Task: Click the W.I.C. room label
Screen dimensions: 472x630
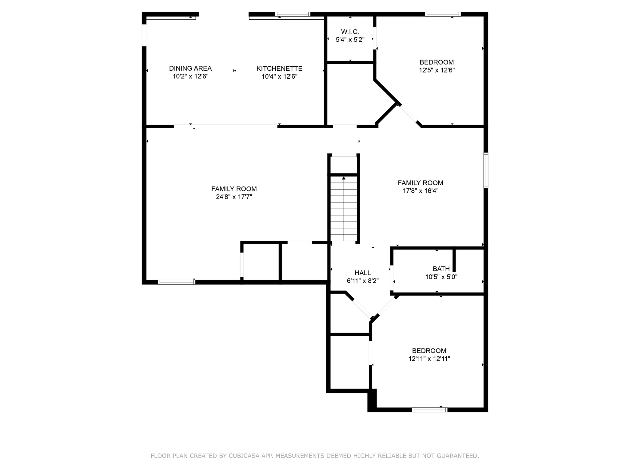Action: point(350,32)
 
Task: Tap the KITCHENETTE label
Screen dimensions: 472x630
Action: point(279,69)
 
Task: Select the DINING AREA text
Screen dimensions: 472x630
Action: point(190,68)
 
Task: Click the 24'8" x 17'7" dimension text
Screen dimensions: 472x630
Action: point(234,197)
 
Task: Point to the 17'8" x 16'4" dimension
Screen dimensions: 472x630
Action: point(421,191)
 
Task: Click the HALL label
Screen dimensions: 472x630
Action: point(363,273)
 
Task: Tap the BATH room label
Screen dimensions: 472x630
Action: point(441,269)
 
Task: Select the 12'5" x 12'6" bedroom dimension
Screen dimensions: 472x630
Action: point(437,70)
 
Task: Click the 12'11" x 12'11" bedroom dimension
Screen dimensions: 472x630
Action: point(429,359)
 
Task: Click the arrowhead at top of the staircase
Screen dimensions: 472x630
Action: point(344,178)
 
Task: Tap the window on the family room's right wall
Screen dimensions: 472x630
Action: point(486,170)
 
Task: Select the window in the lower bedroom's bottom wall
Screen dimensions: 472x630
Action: point(429,410)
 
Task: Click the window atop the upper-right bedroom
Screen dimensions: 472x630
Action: point(442,14)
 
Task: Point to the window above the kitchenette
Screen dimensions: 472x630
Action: point(292,14)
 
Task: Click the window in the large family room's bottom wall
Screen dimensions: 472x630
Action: point(176,282)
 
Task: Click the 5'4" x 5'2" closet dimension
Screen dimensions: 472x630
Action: point(350,40)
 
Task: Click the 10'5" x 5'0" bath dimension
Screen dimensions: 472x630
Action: point(441,277)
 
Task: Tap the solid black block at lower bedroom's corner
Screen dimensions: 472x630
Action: point(372,400)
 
